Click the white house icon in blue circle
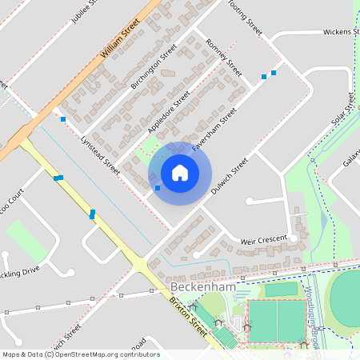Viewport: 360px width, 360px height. pyautogui.click(x=180, y=173)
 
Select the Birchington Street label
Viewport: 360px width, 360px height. pyautogui.click(x=153, y=66)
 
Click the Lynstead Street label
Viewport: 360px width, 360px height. pyautogui.click(x=100, y=155)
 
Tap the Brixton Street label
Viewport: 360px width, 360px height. pyautogui.click(x=186, y=315)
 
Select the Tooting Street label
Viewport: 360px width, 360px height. pyautogui.click(x=245, y=16)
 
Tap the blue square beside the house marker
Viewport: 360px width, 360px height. pyautogui.click(x=158, y=188)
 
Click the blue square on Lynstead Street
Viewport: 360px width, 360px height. pyautogui.click(x=63, y=119)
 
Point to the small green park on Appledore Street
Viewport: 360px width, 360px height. pyautogui.click(x=149, y=145)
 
